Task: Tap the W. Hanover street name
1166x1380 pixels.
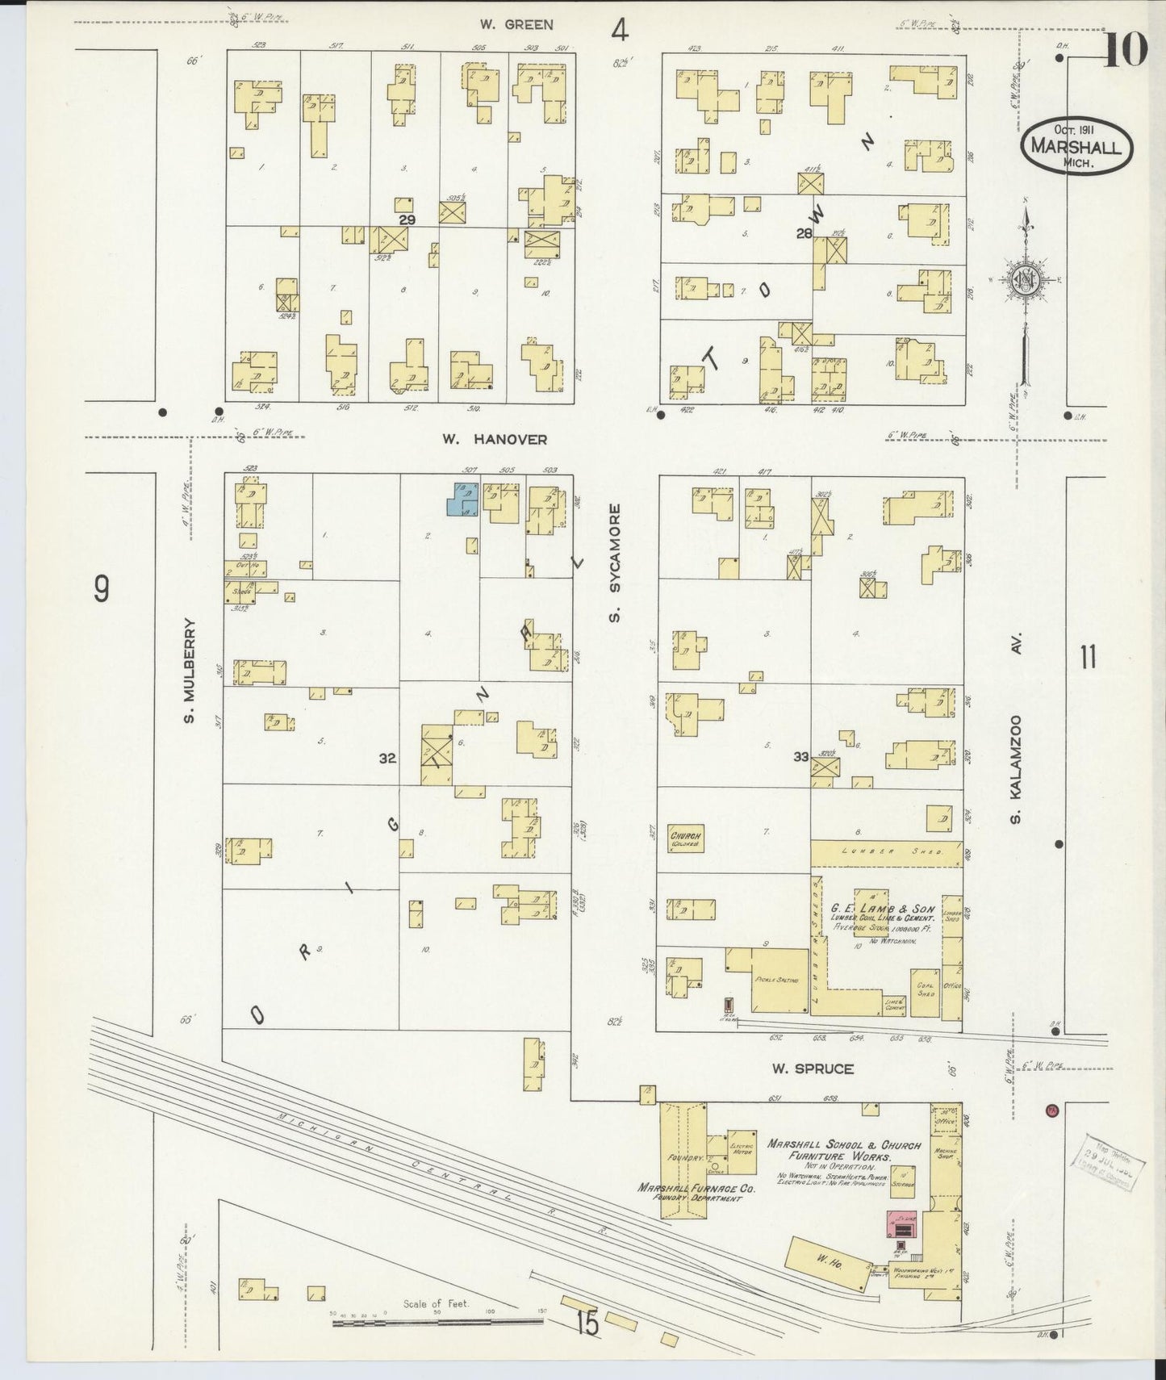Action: [495, 440]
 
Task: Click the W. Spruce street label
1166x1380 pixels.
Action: [813, 1069]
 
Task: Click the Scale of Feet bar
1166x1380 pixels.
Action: [439, 1322]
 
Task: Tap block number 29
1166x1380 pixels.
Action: [407, 220]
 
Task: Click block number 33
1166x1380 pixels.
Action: [801, 756]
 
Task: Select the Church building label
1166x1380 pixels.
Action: [685, 837]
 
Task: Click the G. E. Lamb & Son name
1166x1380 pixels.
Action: [894, 908]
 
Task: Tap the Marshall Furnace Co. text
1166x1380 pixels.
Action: [696, 1188]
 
